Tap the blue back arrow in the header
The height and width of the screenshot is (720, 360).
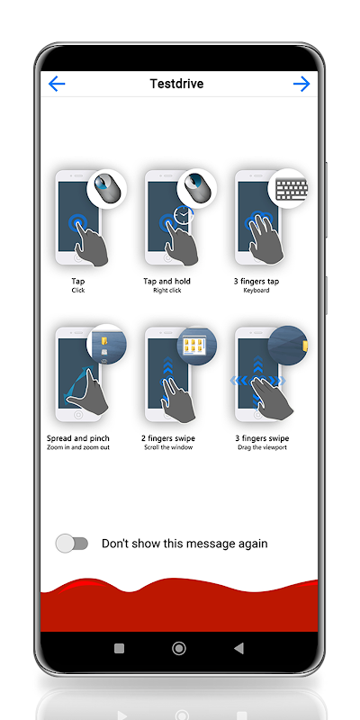(x=57, y=84)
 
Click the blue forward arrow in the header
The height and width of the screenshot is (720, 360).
(x=301, y=84)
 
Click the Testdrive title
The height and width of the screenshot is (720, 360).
(x=176, y=84)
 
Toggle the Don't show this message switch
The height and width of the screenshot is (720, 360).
(x=72, y=544)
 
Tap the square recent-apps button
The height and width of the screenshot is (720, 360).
(x=119, y=648)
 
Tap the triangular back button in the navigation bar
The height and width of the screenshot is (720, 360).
(x=238, y=648)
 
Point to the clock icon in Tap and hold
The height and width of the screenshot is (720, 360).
(x=184, y=215)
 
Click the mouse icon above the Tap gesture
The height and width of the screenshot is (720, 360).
(x=105, y=189)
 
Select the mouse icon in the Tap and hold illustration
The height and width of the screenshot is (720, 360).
(x=196, y=189)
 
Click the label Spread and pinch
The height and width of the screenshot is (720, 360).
(x=78, y=438)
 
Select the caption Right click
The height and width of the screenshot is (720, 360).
(x=167, y=290)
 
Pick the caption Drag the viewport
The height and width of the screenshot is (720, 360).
(x=262, y=447)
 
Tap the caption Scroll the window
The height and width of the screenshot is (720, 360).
(x=168, y=447)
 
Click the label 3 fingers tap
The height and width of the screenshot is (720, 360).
(x=256, y=281)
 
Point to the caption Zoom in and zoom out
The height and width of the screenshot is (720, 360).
(x=78, y=447)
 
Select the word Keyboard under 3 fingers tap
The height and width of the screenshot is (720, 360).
(x=256, y=290)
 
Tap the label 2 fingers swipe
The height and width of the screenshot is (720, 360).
(x=168, y=438)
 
